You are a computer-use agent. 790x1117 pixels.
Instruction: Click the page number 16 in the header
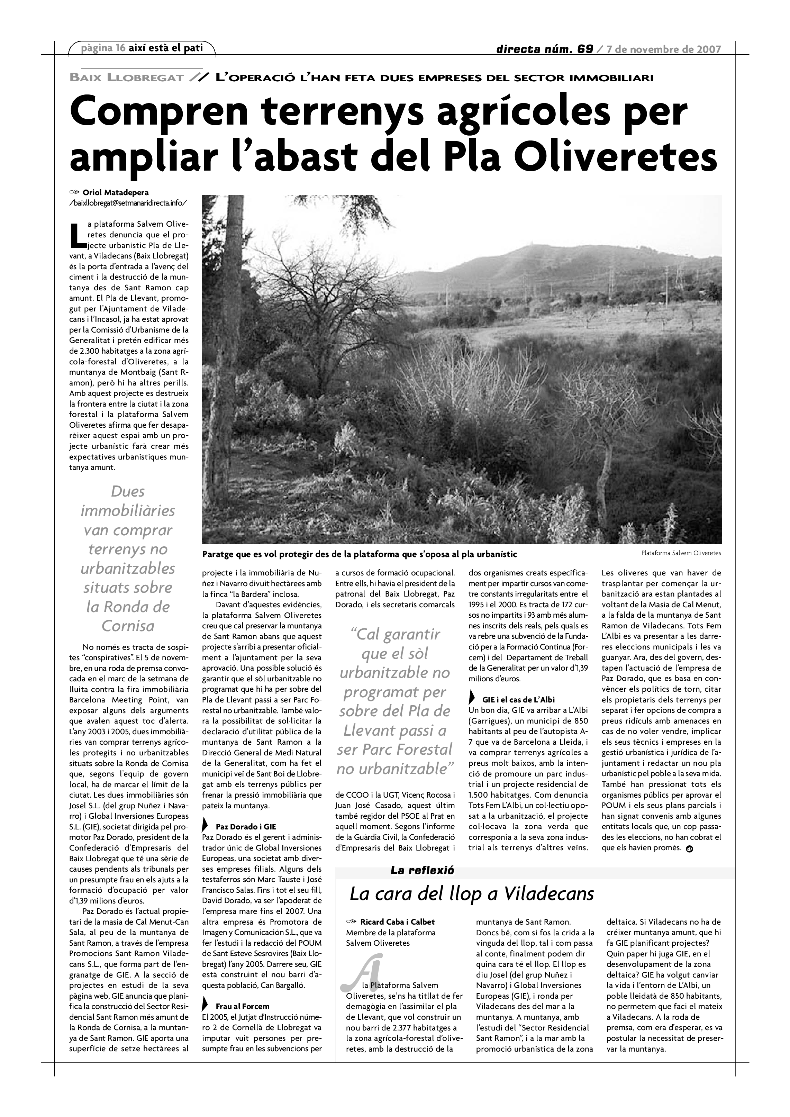121,48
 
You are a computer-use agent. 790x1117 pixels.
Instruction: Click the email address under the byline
128,202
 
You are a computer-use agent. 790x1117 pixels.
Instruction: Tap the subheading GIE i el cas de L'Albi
518,700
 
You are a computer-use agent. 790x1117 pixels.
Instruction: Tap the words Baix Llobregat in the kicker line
127,78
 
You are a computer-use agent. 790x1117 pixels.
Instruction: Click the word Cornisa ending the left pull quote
128,626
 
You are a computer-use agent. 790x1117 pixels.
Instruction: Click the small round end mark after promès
689,849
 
